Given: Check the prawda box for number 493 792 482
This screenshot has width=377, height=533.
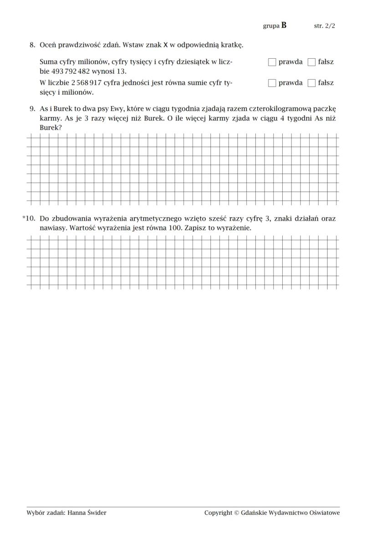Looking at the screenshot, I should coord(272,62).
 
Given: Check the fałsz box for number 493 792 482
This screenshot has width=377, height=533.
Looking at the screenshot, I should coord(311,62).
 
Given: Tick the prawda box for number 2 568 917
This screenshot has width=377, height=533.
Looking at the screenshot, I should coord(272,83).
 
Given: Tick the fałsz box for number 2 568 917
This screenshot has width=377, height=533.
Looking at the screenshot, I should coord(311,83).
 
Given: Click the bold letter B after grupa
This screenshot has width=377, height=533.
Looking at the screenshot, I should coord(284,25).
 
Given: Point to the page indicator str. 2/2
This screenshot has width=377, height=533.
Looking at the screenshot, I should coord(324,26).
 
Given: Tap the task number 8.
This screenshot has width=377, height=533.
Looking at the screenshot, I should coord(32,45).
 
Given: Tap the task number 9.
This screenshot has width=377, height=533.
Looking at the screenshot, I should coord(32,109).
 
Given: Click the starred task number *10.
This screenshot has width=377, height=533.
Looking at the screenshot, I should coord(29,218).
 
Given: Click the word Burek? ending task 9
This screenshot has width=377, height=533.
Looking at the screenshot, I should coord(51,128).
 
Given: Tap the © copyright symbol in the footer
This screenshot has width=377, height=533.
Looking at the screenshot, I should coord(236,513).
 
